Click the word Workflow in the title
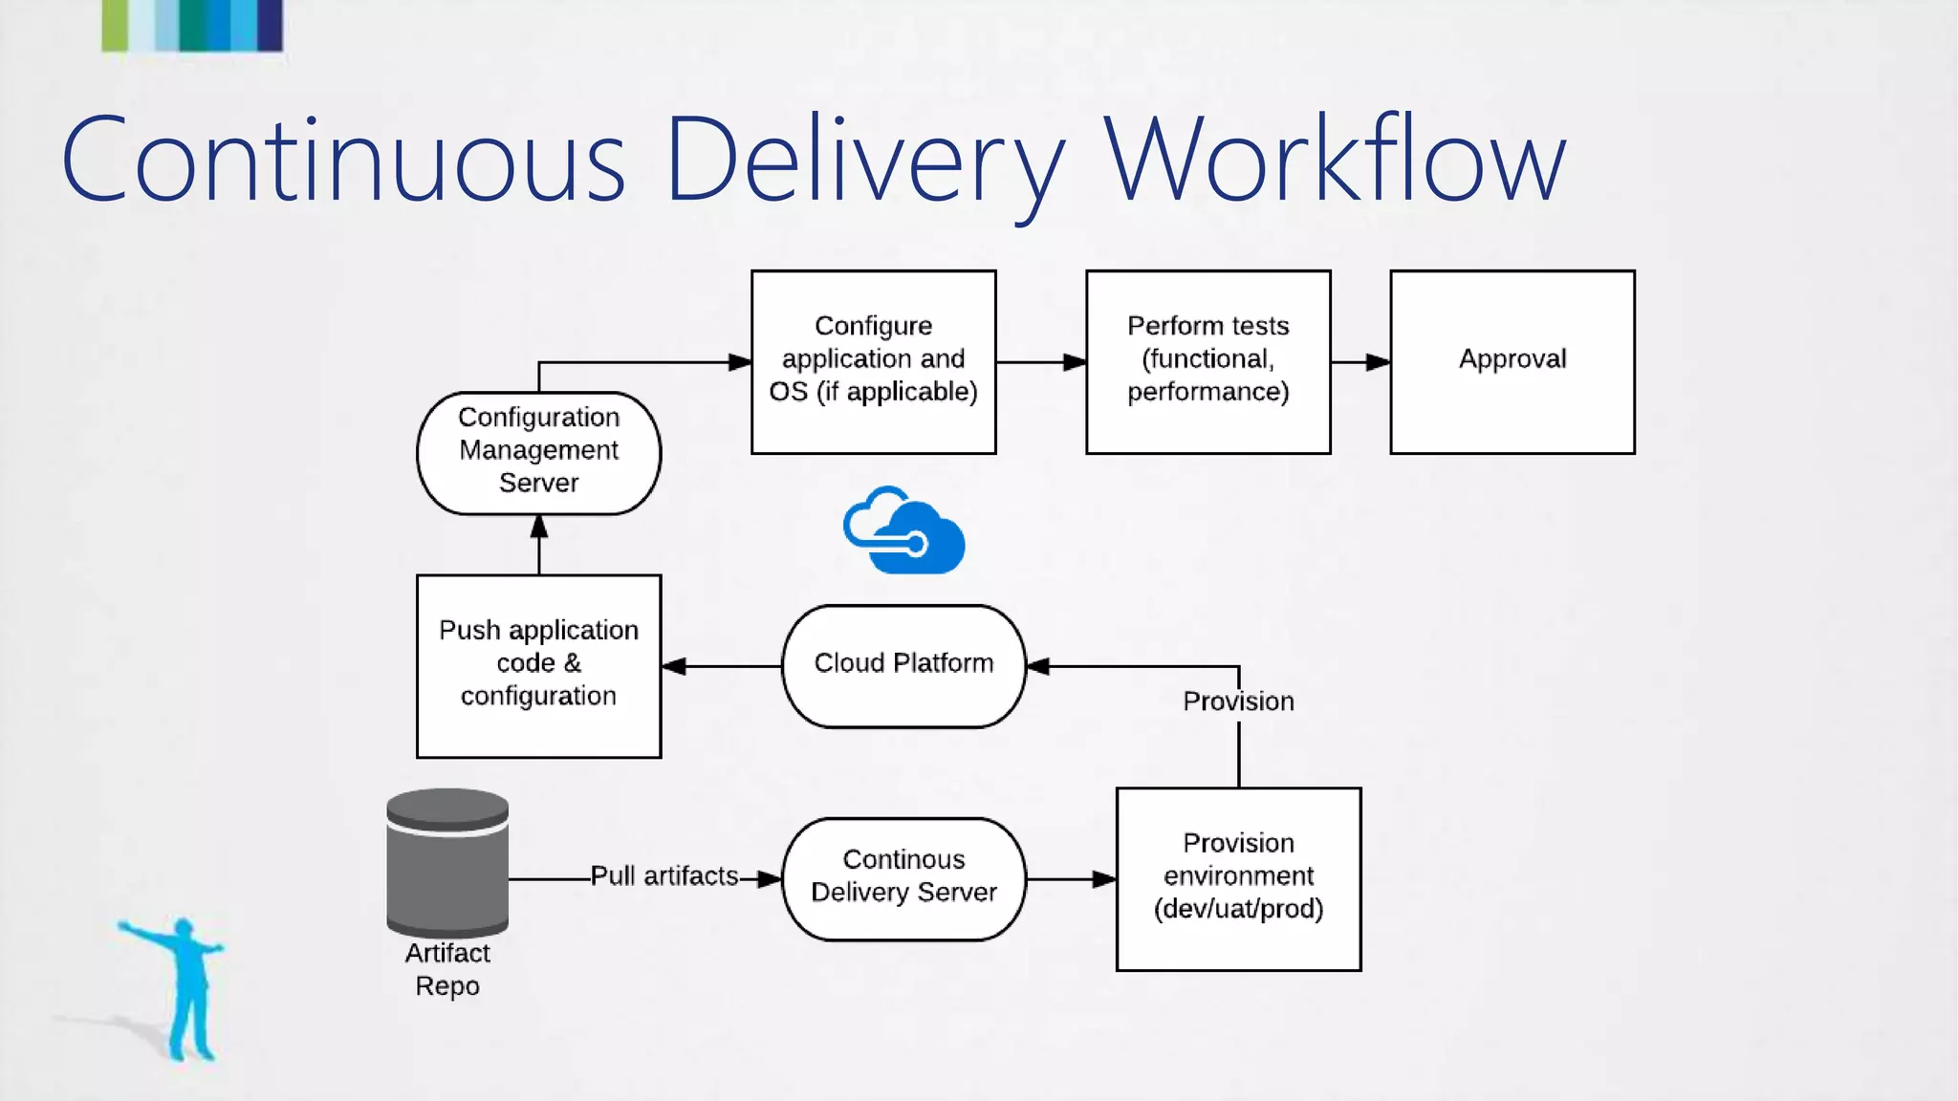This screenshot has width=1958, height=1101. (1335, 161)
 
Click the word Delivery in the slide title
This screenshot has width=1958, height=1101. (863, 161)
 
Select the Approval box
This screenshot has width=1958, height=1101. (1512, 361)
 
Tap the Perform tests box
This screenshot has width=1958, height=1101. (1207, 361)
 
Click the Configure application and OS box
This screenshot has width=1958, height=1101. (873, 361)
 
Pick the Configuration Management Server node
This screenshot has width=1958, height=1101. (538, 452)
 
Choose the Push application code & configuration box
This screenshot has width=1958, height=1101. (538, 665)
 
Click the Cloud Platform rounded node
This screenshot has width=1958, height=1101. (903, 665)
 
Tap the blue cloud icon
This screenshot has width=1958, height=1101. (904, 531)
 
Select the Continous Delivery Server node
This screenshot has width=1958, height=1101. (903, 877)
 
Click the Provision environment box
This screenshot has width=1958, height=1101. (1238, 877)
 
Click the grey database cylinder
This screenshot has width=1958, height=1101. (447, 862)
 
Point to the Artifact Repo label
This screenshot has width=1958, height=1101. (447, 969)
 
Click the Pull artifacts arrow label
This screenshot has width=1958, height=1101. (664, 876)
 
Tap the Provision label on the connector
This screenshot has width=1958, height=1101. (1238, 702)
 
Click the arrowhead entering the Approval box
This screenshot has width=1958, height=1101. (1377, 362)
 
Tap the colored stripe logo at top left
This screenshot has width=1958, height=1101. (192, 25)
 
